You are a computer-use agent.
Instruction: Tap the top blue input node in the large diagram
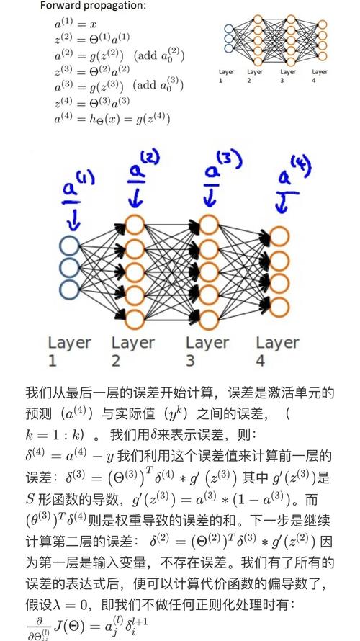[71, 244]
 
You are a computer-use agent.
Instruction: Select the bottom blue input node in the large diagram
[71, 290]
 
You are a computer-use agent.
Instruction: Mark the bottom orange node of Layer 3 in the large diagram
[209, 318]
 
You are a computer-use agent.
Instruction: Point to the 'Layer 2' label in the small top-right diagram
[255, 76]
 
